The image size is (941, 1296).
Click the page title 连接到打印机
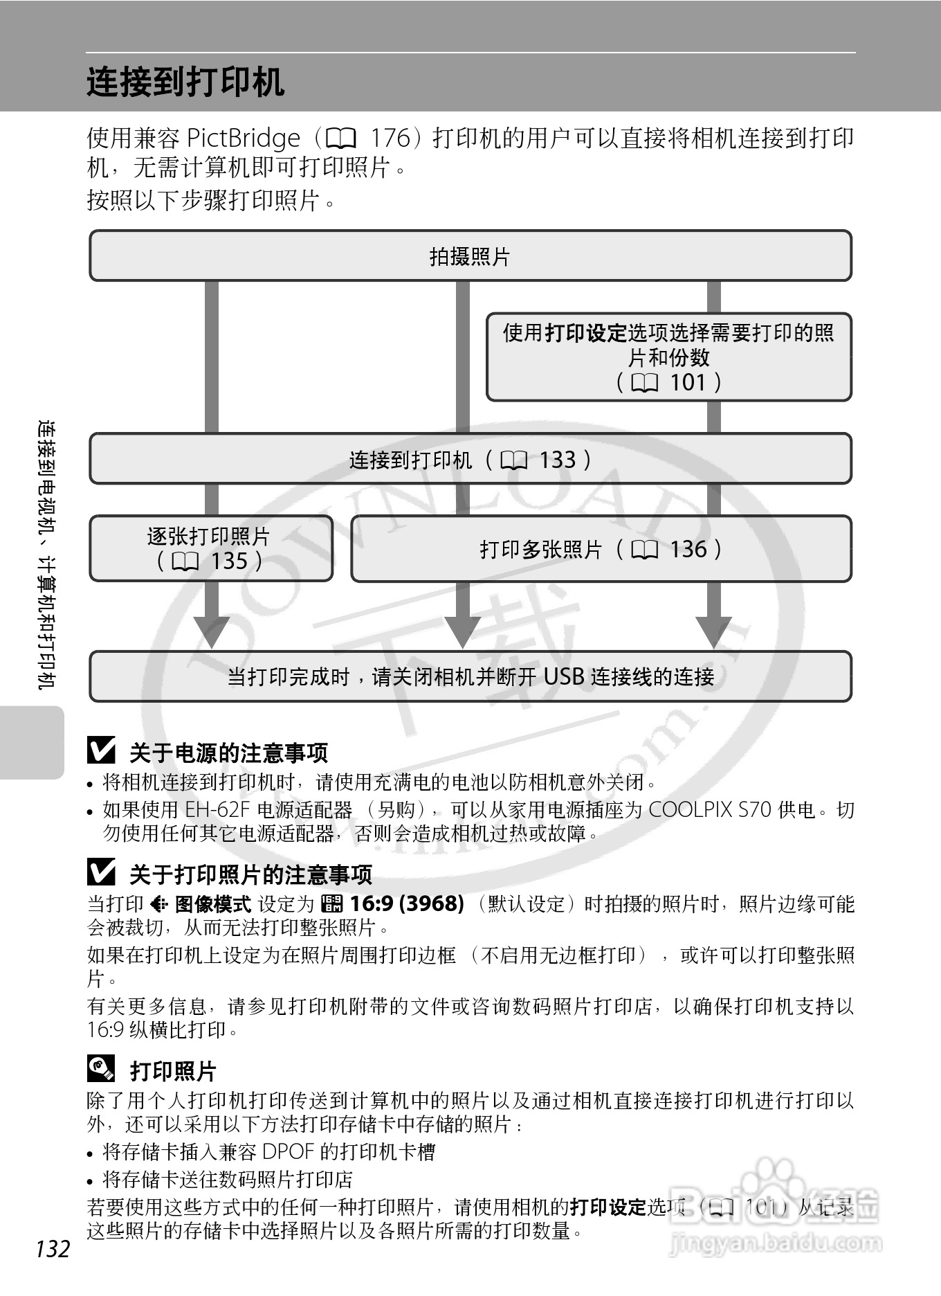point(185,82)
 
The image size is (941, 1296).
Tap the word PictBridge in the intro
point(244,138)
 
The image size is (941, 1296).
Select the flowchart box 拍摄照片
point(470,256)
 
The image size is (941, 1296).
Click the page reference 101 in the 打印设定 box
point(688,382)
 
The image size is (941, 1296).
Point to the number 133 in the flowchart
point(557,460)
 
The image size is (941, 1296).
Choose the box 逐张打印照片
point(210,548)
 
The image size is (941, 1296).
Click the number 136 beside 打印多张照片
point(688,550)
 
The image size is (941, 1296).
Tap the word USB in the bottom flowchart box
point(565,676)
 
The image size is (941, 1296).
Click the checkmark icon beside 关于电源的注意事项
point(101,750)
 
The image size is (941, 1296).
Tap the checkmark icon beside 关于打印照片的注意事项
point(101,872)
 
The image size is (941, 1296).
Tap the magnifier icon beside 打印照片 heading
point(101,1069)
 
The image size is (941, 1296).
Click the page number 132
point(53,1249)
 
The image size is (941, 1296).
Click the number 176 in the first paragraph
point(390,138)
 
